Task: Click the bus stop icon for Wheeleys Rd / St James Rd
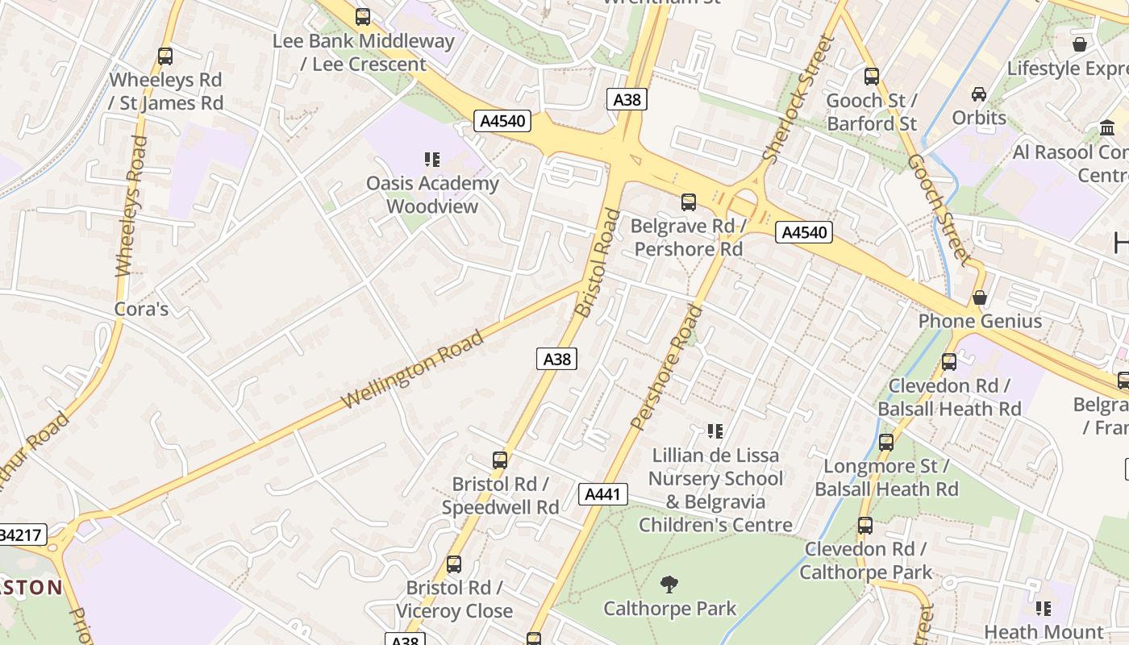pos(165,56)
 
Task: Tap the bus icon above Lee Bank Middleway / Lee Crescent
pos(363,17)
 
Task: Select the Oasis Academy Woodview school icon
pos(432,160)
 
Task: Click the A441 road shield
pos(603,494)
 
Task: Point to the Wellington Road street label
pos(413,369)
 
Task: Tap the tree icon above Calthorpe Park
pos(669,584)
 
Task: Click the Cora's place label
pos(141,309)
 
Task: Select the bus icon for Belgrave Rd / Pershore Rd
pos(689,202)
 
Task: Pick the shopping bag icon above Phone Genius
pos(980,298)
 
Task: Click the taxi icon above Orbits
pos(979,94)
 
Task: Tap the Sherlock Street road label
pos(797,101)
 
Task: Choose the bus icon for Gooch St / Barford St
pos(872,77)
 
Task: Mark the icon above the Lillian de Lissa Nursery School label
pos(714,431)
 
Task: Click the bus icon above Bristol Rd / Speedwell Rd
pos(500,460)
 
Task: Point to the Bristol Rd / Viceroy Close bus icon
pos(454,564)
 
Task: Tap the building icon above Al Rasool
pos(1107,128)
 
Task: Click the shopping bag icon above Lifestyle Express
pos(1080,44)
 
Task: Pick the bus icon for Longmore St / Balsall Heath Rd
pos(886,443)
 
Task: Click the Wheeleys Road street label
pos(132,206)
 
